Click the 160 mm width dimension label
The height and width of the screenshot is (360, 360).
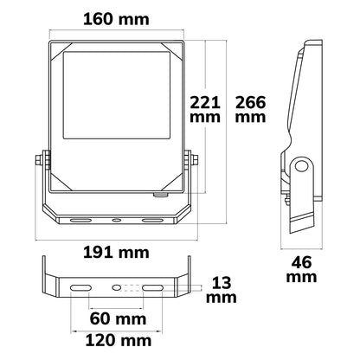(x=116, y=20)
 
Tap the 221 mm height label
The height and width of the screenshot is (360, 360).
(x=205, y=110)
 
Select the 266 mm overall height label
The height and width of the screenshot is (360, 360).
(x=250, y=110)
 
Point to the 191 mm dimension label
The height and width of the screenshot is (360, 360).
(x=116, y=253)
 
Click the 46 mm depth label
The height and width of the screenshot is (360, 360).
(x=301, y=270)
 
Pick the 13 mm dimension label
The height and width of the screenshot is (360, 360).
(x=222, y=290)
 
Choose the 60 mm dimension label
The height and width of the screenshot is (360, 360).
(x=118, y=318)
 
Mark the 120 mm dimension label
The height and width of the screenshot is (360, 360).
(x=119, y=341)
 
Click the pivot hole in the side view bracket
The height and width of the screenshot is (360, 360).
(x=302, y=166)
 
